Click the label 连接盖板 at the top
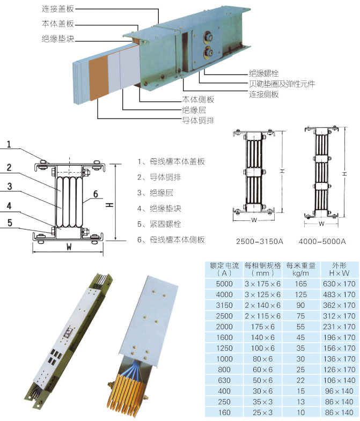pyautogui.click(x=58, y=9)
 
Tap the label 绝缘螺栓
pyautogui.click(x=263, y=73)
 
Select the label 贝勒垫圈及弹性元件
pyautogui.click(x=282, y=84)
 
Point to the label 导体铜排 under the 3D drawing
pyautogui.click(x=198, y=120)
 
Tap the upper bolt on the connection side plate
pyautogui.click(x=208, y=37)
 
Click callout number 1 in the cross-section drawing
pyautogui.click(x=9, y=144)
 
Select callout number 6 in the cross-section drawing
pyautogui.click(x=95, y=194)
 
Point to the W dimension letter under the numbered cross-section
pyautogui.click(x=69, y=247)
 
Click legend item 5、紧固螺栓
pyautogui.click(x=159, y=224)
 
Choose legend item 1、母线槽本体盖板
pyautogui.click(x=171, y=161)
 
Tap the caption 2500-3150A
pyautogui.click(x=260, y=241)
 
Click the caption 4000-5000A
pyautogui.click(x=322, y=241)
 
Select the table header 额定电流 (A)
pyautogui.click(x=224, y=269)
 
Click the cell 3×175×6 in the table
pyautogui.click(x=262, y=284)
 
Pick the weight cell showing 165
pyautogui.click(x=300, y=284)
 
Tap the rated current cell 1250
pyautogui.click(x=224, y=348)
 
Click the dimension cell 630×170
pyautogui.click(x=339, y=284)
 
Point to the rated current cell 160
pyautogui.click(x=224, y=412)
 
